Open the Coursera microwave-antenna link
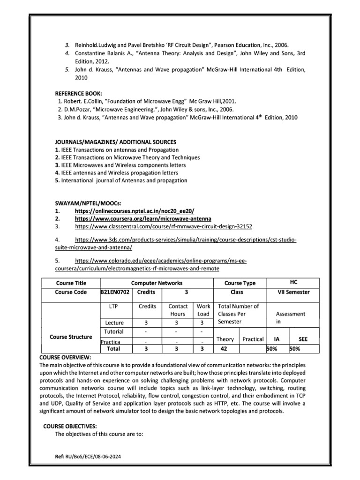pyautogui.click(x=143, y=219)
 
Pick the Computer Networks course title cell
pyautogui.click(x=157, y=283)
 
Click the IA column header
pyautogui.click(x=277, y=338)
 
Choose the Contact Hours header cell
pyautogui.click(x=178, y=310)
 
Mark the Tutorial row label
pyautogui.click(x=114, y=331)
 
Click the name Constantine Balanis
pyautogui.click(x=101, y=53)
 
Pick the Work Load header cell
pyautogui.click(x=204, y=310)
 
